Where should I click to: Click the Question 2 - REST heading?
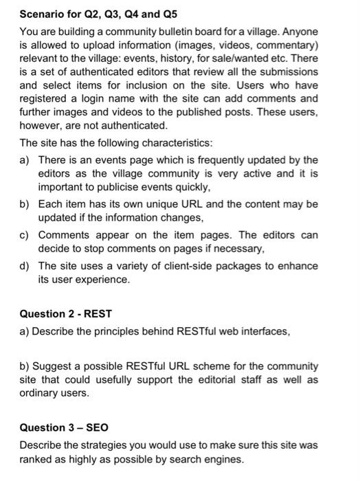(65, 313)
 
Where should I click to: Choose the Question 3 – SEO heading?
(64, 427)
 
